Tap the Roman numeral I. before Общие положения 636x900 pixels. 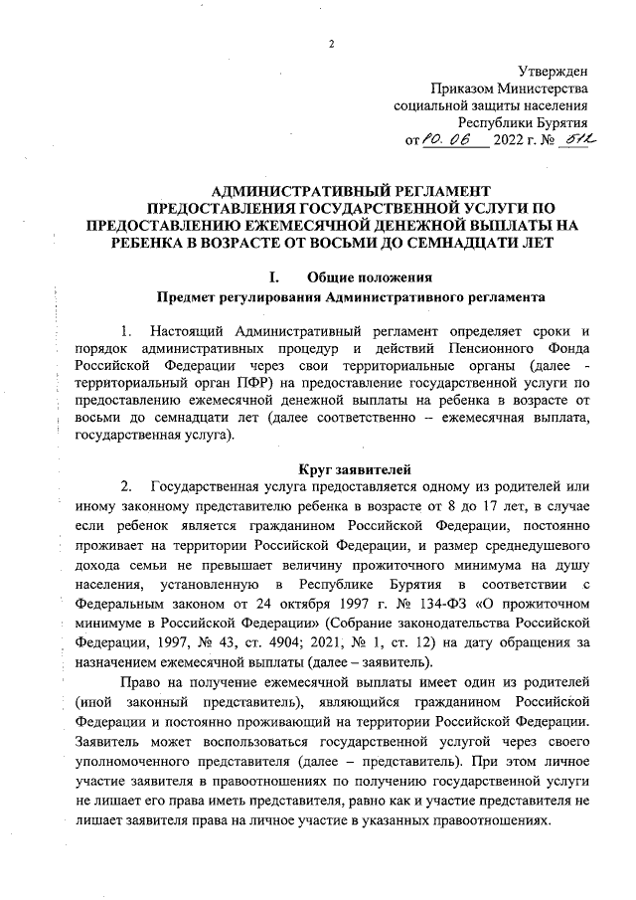pyautogui.click(x=262, y=276)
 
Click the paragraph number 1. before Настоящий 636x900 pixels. pyautogui.click(x=125, y=330)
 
